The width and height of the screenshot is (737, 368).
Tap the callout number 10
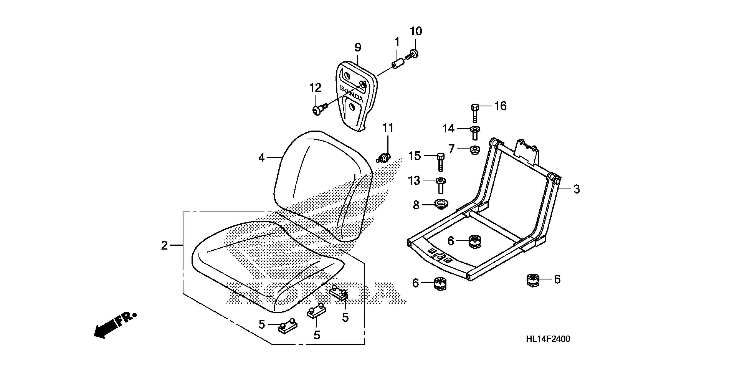tap(416, 31)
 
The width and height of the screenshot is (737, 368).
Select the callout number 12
tap(315, 88)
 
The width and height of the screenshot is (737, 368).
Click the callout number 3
tap(576, 189)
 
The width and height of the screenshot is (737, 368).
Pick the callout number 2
tap(164, 245)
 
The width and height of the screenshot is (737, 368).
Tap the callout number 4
tap(261, 158)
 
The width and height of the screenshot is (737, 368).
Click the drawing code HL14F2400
tap(548, 339)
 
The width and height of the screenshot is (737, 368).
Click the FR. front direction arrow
tap(114, 326)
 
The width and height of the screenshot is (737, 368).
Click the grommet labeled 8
tap(441, 204)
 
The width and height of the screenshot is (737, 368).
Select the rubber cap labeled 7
tap(475, 150)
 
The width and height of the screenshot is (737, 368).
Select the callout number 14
tap(448, 129)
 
